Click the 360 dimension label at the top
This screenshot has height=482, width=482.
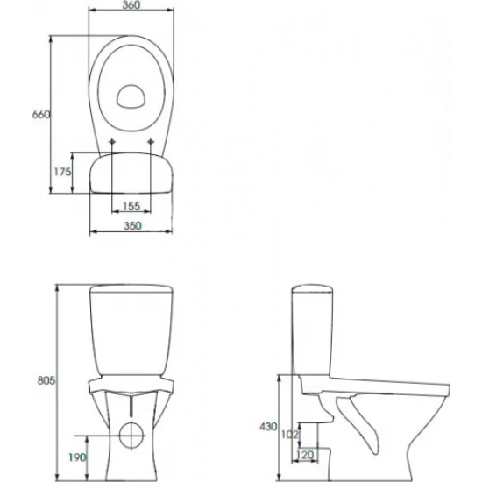pos(131,4)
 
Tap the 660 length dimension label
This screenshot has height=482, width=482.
pos(41,114)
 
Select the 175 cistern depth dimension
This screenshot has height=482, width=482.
pos(62,172)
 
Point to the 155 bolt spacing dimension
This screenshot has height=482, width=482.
pos(131,206)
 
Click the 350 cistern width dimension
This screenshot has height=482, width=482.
pos(133,225)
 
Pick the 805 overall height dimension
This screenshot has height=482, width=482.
pos(46,380)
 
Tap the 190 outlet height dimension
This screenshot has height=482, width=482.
pos(77,457)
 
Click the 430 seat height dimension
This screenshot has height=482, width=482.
pos(268,427)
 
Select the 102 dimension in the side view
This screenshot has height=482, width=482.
pos(290,435)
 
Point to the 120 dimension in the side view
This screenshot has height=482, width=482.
pos(304,455)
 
